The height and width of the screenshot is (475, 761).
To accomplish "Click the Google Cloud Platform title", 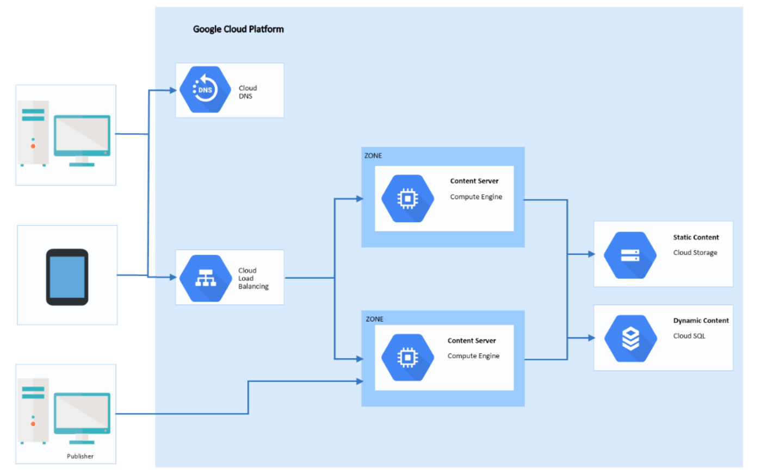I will point(238,29).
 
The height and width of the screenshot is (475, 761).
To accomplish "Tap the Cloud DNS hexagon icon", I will point(205,90).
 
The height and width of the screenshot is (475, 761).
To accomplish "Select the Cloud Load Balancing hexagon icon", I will point(206,278).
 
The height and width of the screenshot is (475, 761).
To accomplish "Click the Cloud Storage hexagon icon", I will point(630,255).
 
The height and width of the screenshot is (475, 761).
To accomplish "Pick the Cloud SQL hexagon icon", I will point(630,338).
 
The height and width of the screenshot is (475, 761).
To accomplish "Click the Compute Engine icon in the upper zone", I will point(407,199).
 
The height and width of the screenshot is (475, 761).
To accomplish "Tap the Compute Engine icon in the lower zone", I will point(407,358).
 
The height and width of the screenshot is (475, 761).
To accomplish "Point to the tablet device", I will point(67,277).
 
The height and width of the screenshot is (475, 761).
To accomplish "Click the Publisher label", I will point(80,456).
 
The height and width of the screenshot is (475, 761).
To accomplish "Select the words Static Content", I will point(696,237).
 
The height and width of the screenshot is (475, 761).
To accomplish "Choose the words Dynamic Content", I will point(701,321).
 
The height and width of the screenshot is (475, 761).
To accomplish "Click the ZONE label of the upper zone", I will point(373,155).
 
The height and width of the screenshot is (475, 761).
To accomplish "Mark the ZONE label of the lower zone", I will point(374,319).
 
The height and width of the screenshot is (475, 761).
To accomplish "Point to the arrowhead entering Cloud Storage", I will point(591,254).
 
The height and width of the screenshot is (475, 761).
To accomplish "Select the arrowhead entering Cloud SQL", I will point(591,338).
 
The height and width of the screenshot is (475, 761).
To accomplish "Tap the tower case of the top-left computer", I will point(33,133).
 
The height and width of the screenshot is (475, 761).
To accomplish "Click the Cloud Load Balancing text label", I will point(253,278).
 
